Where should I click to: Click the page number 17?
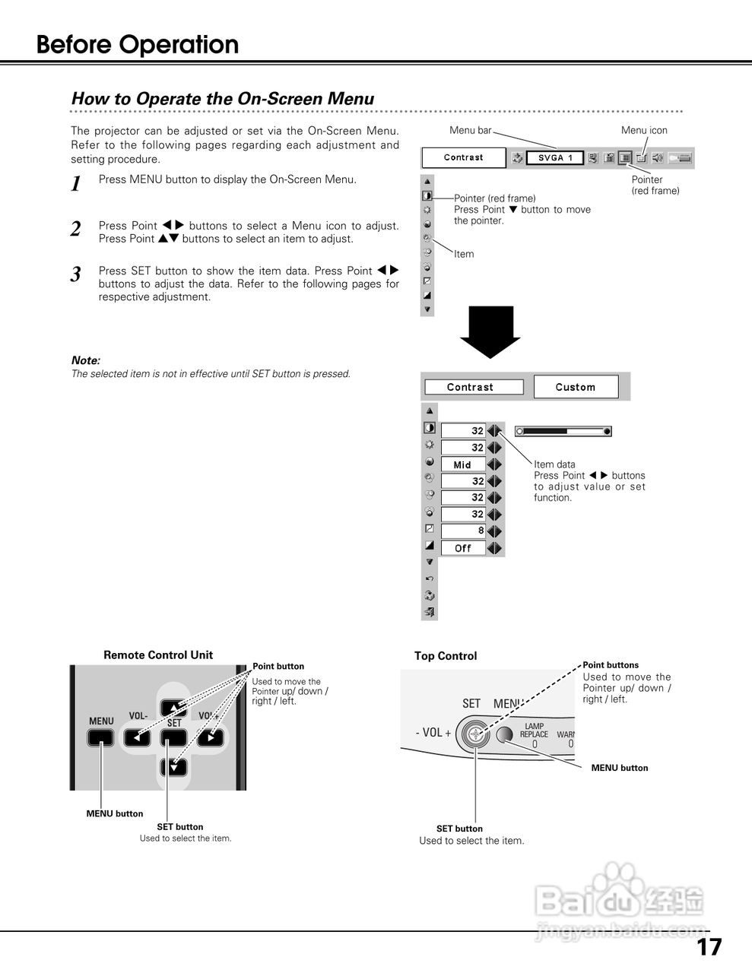point(709,947)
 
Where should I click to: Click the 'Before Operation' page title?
point(138,45)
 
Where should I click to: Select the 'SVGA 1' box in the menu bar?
point(554,158)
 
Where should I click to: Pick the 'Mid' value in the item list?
point(462,464)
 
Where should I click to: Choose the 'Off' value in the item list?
point(462,548)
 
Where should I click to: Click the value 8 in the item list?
point(464,531)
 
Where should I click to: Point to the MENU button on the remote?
point(100,737)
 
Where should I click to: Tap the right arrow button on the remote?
point(211,737)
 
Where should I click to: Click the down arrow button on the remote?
point(174,767)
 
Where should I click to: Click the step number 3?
point(75,275)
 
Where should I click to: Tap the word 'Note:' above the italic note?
point(85,360)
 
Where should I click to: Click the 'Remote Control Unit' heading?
point(158,655)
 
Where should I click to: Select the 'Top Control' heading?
point(446,656)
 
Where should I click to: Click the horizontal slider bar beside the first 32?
point(563,431)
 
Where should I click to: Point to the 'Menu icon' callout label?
point(644,130)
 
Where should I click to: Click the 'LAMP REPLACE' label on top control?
point(534,731)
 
